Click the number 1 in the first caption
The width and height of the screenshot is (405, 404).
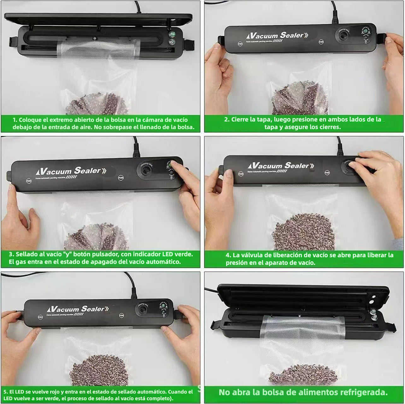(x=15, y=120)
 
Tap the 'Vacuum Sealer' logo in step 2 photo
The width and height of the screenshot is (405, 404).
(x=274, y=36)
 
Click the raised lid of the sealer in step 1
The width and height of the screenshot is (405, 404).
(x=98, y=19)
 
